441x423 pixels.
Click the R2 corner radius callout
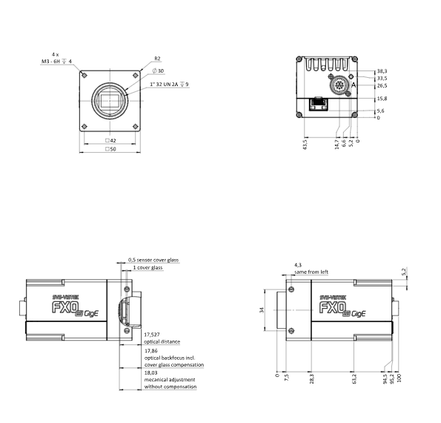tap(157, 59)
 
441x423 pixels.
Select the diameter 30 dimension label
tap(158, 71)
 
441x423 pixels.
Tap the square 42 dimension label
tap(110, 140)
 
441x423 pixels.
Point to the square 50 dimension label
tap(110, 149)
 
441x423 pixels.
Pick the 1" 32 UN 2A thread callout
tap(169, 84)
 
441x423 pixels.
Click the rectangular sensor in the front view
tap(110, 101)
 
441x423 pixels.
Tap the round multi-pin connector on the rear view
tap(339, 85)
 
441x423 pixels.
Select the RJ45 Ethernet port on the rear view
tap(319, 104)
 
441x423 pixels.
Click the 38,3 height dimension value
tap(382, 71)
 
